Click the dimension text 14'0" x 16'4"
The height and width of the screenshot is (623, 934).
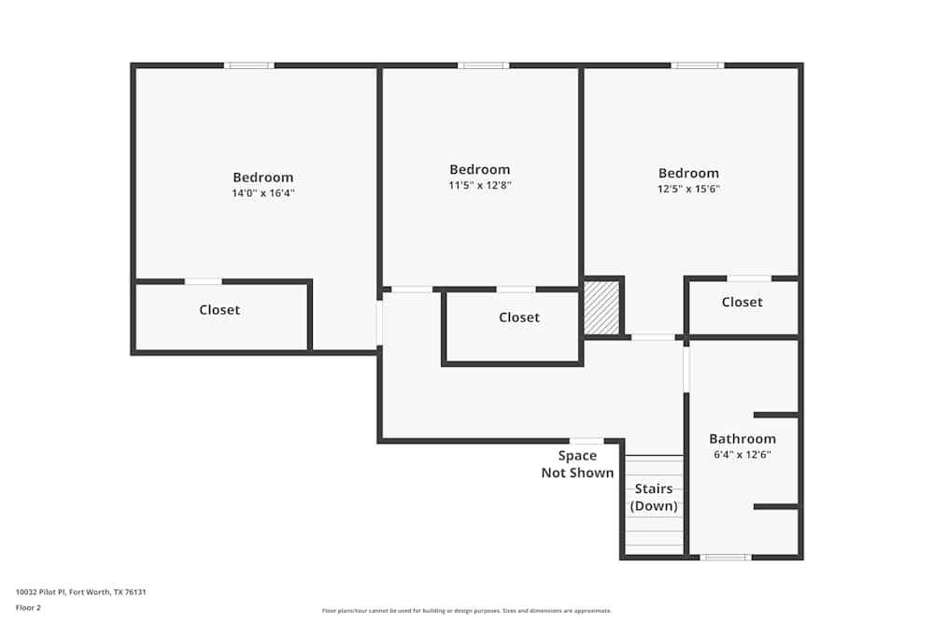(262, 193)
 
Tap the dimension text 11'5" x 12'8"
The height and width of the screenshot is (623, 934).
(479, 185)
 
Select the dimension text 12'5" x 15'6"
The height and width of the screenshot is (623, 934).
(688, 189)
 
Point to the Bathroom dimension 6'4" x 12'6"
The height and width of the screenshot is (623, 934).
(742, 455)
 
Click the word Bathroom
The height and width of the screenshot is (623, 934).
(742, 439)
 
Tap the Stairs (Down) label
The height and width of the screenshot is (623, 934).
(654, 498)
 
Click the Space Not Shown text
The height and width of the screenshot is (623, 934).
(577, 464)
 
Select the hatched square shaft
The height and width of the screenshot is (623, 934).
(601, 307)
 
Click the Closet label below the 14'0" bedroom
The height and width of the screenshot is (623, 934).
(219, 310)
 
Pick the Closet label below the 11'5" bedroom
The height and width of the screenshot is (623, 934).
(518, 318)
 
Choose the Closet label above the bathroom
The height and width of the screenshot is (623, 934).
(742, 302)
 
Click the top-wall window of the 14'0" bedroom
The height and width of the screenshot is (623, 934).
(248, 65)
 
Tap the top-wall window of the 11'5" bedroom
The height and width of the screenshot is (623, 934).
(483, 65)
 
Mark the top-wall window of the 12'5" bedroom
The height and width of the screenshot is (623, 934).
(697, 65)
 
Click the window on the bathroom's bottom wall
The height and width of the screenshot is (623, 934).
(726, 558)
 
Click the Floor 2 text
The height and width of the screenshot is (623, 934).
(28, 607)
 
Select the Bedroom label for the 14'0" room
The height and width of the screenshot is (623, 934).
(262, 177)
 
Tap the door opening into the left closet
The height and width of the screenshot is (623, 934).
(203, 281)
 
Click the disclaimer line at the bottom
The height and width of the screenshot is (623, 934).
(467, 611)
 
